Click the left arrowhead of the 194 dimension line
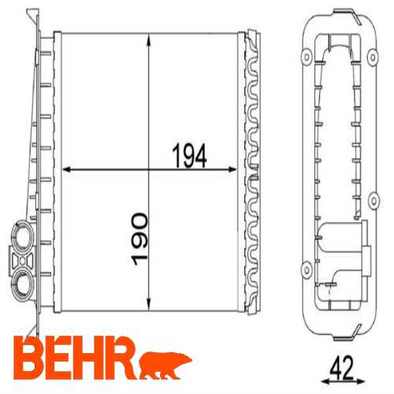(65, 169)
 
